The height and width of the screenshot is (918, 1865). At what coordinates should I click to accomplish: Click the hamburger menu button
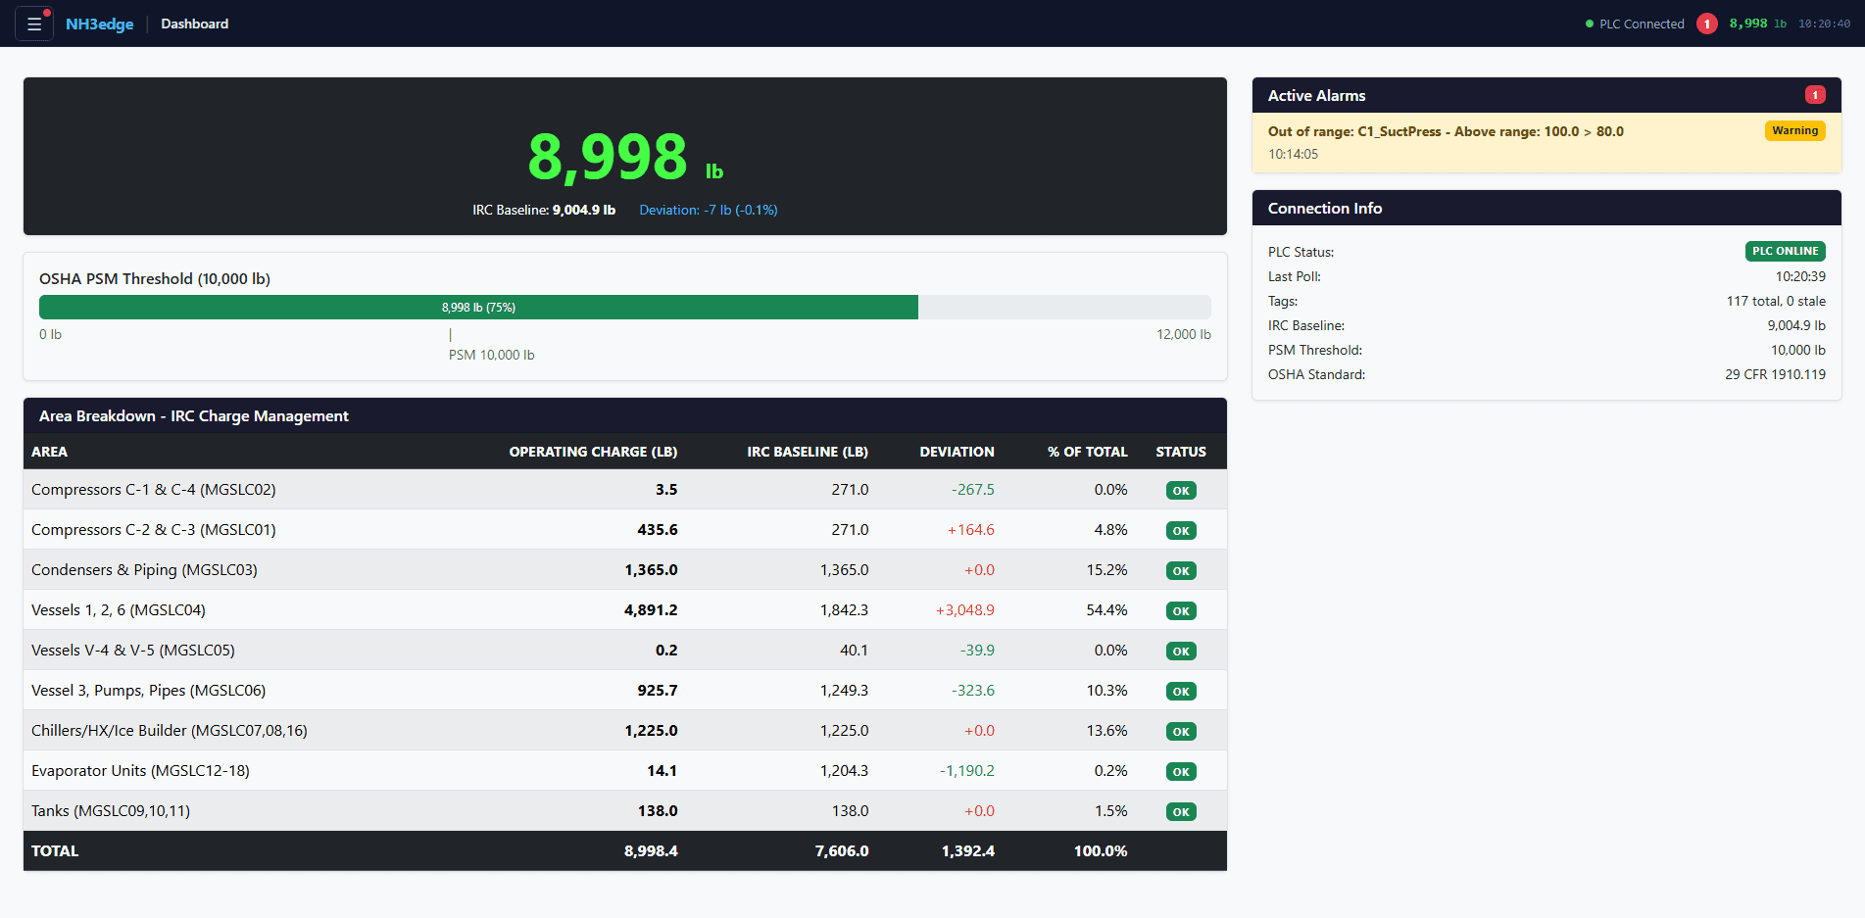click(34, 24)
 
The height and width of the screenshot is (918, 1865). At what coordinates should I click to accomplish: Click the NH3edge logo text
click(99, 24)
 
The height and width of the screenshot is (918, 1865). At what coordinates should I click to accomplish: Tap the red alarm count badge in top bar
click(1706, 24)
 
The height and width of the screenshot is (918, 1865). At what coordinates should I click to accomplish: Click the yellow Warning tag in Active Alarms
click(1794, 130)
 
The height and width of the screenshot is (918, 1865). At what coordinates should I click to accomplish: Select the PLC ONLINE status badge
click(1785, 251)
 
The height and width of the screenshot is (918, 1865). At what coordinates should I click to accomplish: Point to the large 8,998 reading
click(608, 157)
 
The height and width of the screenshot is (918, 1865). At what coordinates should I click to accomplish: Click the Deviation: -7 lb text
click(708, 210)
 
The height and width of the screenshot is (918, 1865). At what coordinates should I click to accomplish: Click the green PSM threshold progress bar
click(478, 307)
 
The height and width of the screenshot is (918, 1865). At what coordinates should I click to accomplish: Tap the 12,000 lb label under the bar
click(1183, 334)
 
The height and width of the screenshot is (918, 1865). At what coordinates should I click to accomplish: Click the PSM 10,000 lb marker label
click(491, 355)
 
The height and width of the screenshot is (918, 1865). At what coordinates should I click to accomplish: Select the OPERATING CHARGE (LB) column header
click(593, 452)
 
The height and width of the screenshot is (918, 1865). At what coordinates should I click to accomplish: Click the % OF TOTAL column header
click(1087, 452)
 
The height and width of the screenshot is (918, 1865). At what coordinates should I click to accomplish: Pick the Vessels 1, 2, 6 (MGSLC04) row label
click(119, 609)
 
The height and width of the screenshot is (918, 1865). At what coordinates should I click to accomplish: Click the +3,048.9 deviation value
click(964, 609)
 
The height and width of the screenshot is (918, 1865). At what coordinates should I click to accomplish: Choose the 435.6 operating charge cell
click(657, 529)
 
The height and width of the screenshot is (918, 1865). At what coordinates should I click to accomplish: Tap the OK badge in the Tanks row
click(1181, 811)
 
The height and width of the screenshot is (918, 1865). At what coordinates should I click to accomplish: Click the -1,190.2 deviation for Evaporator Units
click(966, 770)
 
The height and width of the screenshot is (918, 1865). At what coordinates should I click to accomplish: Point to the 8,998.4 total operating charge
click(651, 850)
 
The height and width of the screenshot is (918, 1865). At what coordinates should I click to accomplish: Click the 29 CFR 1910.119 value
click(1775, 374)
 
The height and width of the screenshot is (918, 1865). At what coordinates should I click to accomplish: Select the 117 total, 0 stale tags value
click(1775, 301)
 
